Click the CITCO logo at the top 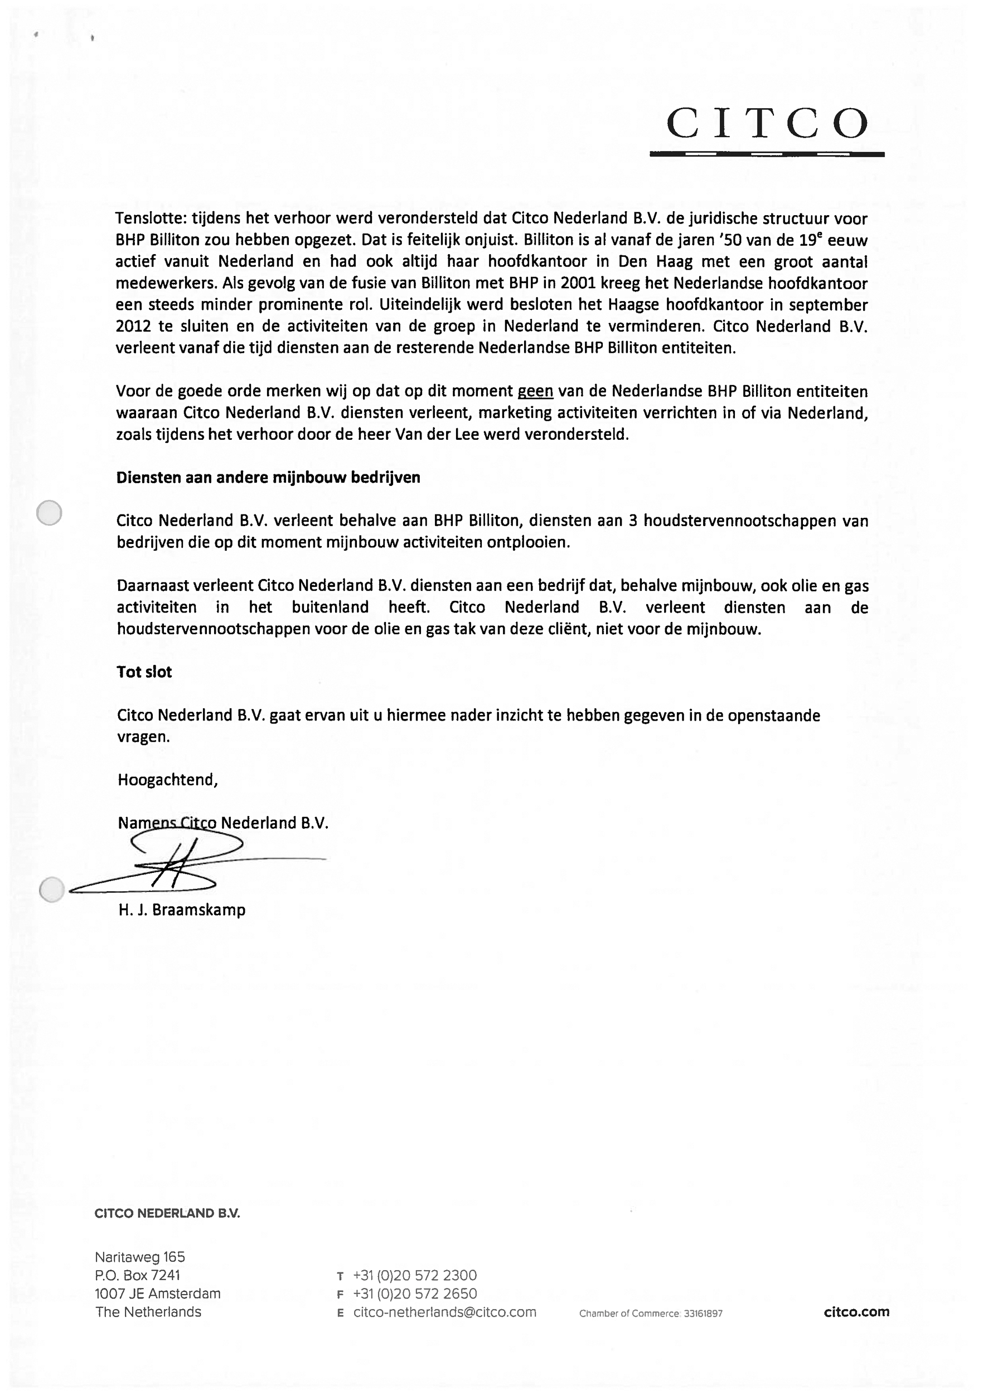click(x=767, y=124)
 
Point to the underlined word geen click(x=535, y=391)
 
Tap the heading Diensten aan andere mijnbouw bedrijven click(x=268, y=478)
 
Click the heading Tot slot click(x=144, y=672)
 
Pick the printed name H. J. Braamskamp click(x=182, y=910)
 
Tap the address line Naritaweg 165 click(x=140, y=1257)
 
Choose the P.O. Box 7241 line click(x=138, y=1275)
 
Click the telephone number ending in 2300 click(x=415, y=1275)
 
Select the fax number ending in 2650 click(x=415, y=1294)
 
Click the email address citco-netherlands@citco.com click(x=445, y=1313)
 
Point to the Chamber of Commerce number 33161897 click(x=703, y=1314)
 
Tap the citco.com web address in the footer click(x=856, y=1313)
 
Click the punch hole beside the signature click(x=51, y=890)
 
